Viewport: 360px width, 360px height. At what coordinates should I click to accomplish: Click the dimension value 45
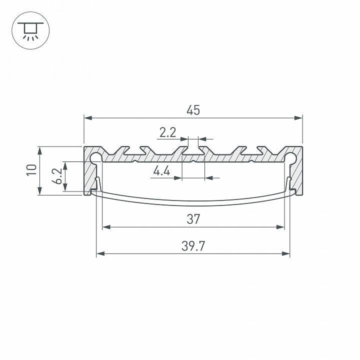point(193,110)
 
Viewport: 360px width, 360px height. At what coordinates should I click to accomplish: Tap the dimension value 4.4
point(161,171)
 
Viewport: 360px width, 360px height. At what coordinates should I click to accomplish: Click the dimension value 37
point(193,219)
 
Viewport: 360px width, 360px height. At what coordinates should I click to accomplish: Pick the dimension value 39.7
point(193,246)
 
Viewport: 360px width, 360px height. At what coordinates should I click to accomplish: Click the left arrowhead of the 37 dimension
point(105,227)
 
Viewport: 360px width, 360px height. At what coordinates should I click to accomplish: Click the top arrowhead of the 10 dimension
point(38,149)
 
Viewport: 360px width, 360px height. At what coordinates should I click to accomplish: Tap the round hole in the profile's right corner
point(291,157)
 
